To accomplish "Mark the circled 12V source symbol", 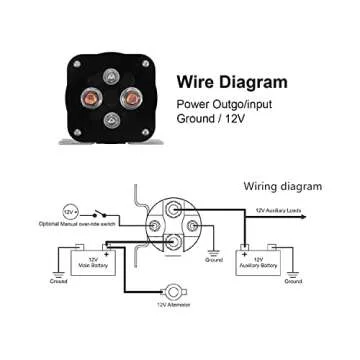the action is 70,213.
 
